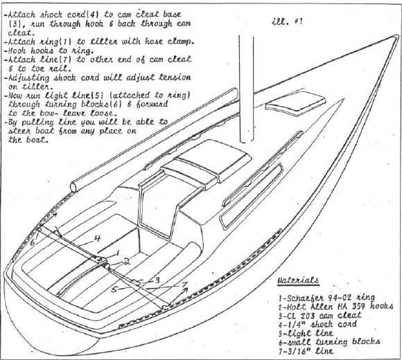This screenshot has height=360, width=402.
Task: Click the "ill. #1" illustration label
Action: tap(287, 21)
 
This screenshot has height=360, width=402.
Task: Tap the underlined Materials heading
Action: tap(298, 280)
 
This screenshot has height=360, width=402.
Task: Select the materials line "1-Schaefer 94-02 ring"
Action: tap(326, 298)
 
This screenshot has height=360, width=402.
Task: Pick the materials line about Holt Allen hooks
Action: tap(336, 307)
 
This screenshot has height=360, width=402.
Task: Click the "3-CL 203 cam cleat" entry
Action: tap(320, 315)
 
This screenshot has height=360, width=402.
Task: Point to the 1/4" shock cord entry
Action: tap(317, 324)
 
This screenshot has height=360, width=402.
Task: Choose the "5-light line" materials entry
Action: tap(306, 333)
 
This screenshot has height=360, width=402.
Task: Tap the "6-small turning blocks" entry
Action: tap(329, 342)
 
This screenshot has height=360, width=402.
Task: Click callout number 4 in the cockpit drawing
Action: tap(98, 238)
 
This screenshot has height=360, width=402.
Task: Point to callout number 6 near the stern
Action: tap(33, 242)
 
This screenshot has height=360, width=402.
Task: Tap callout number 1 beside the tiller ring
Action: tap(118, 253)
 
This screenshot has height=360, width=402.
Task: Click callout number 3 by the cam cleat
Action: tap(157, 280)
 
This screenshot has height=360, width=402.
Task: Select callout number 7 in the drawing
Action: tap(184, 285)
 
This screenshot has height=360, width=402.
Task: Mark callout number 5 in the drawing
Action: tap(114, 289)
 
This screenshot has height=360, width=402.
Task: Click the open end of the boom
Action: tap(74, 187)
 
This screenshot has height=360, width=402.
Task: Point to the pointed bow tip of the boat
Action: tap(397, 37)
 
